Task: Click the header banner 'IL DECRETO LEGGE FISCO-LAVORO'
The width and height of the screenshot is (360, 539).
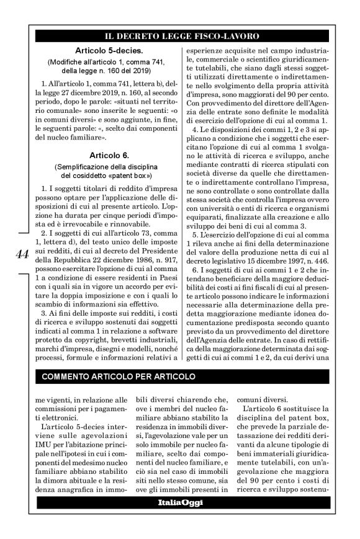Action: (181, 37)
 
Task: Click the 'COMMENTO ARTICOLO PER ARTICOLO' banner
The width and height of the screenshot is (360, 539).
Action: (119, 376)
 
